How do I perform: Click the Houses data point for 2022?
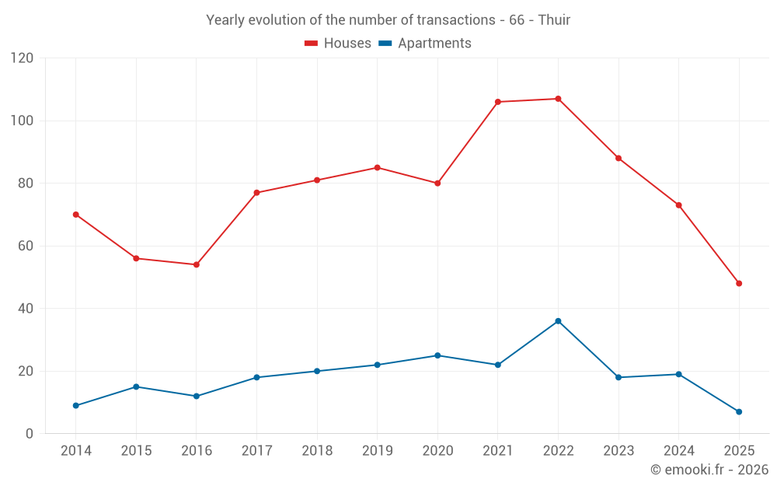558,99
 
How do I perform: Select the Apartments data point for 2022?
558,321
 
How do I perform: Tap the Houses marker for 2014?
75,215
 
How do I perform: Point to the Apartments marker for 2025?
739,411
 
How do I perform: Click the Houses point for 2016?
197,264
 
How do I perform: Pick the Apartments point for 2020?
437,355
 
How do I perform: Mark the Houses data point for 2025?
739,283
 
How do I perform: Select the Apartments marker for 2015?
136,386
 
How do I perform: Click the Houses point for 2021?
497,102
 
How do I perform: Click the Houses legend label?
347,44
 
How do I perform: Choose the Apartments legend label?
434,44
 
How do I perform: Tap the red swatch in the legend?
312,44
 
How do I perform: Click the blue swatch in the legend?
385,44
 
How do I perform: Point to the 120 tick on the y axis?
22,58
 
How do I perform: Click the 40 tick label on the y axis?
26,309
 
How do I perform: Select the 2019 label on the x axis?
377,451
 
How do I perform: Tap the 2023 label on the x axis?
618,451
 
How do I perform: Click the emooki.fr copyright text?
709,470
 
